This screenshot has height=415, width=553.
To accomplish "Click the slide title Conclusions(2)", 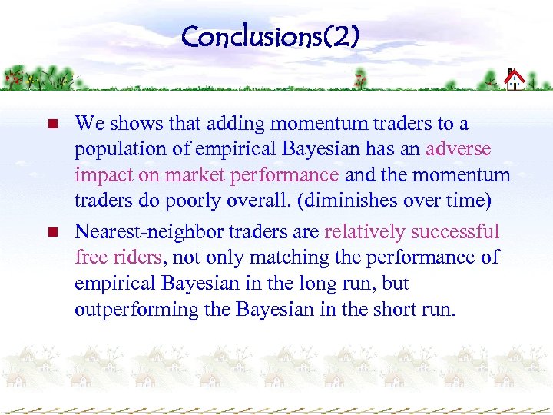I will tap(270, 36).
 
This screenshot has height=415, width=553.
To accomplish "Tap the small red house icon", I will tap(514, 79).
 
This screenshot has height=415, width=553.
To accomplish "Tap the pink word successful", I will tap(455, 232).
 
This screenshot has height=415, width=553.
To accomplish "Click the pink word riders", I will tap(142, 257).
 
